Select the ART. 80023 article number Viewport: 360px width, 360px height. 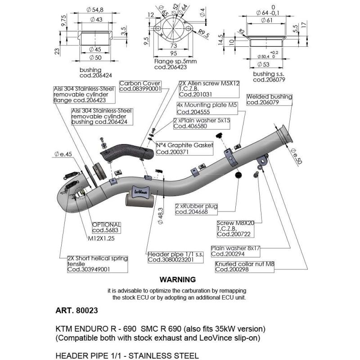click(76, 310)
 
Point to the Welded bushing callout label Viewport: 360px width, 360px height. click(269, 99)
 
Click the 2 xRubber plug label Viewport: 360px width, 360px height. click(196, 209)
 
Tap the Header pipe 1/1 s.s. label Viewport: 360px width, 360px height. click(170, 257)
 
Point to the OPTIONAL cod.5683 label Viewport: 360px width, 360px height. click(106, 227)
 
